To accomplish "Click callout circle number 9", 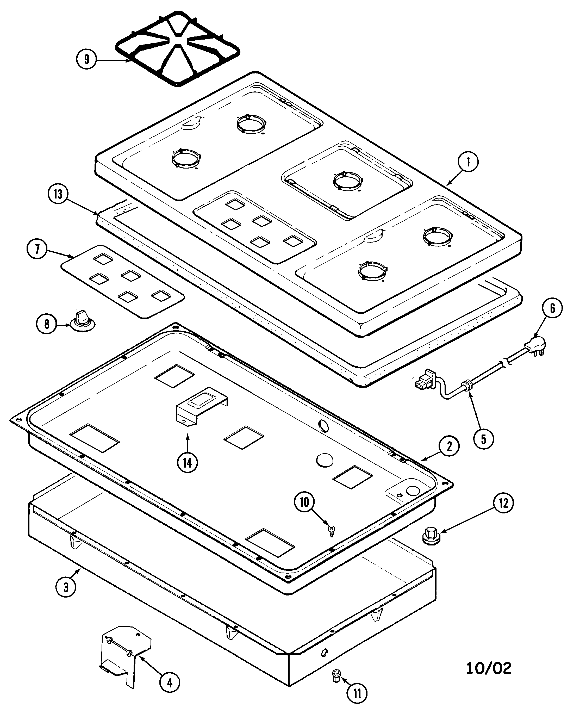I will click(87, 59).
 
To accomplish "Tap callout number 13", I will click(58, 194).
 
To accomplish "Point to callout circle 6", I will click(552, 308).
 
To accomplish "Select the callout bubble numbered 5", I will click(483, 439).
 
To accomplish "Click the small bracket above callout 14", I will click(201, 406).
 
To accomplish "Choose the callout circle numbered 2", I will click(449, 446).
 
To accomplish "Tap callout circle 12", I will click(503, 503).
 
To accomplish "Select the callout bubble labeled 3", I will click(66, 587).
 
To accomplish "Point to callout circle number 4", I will click(170, 682).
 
